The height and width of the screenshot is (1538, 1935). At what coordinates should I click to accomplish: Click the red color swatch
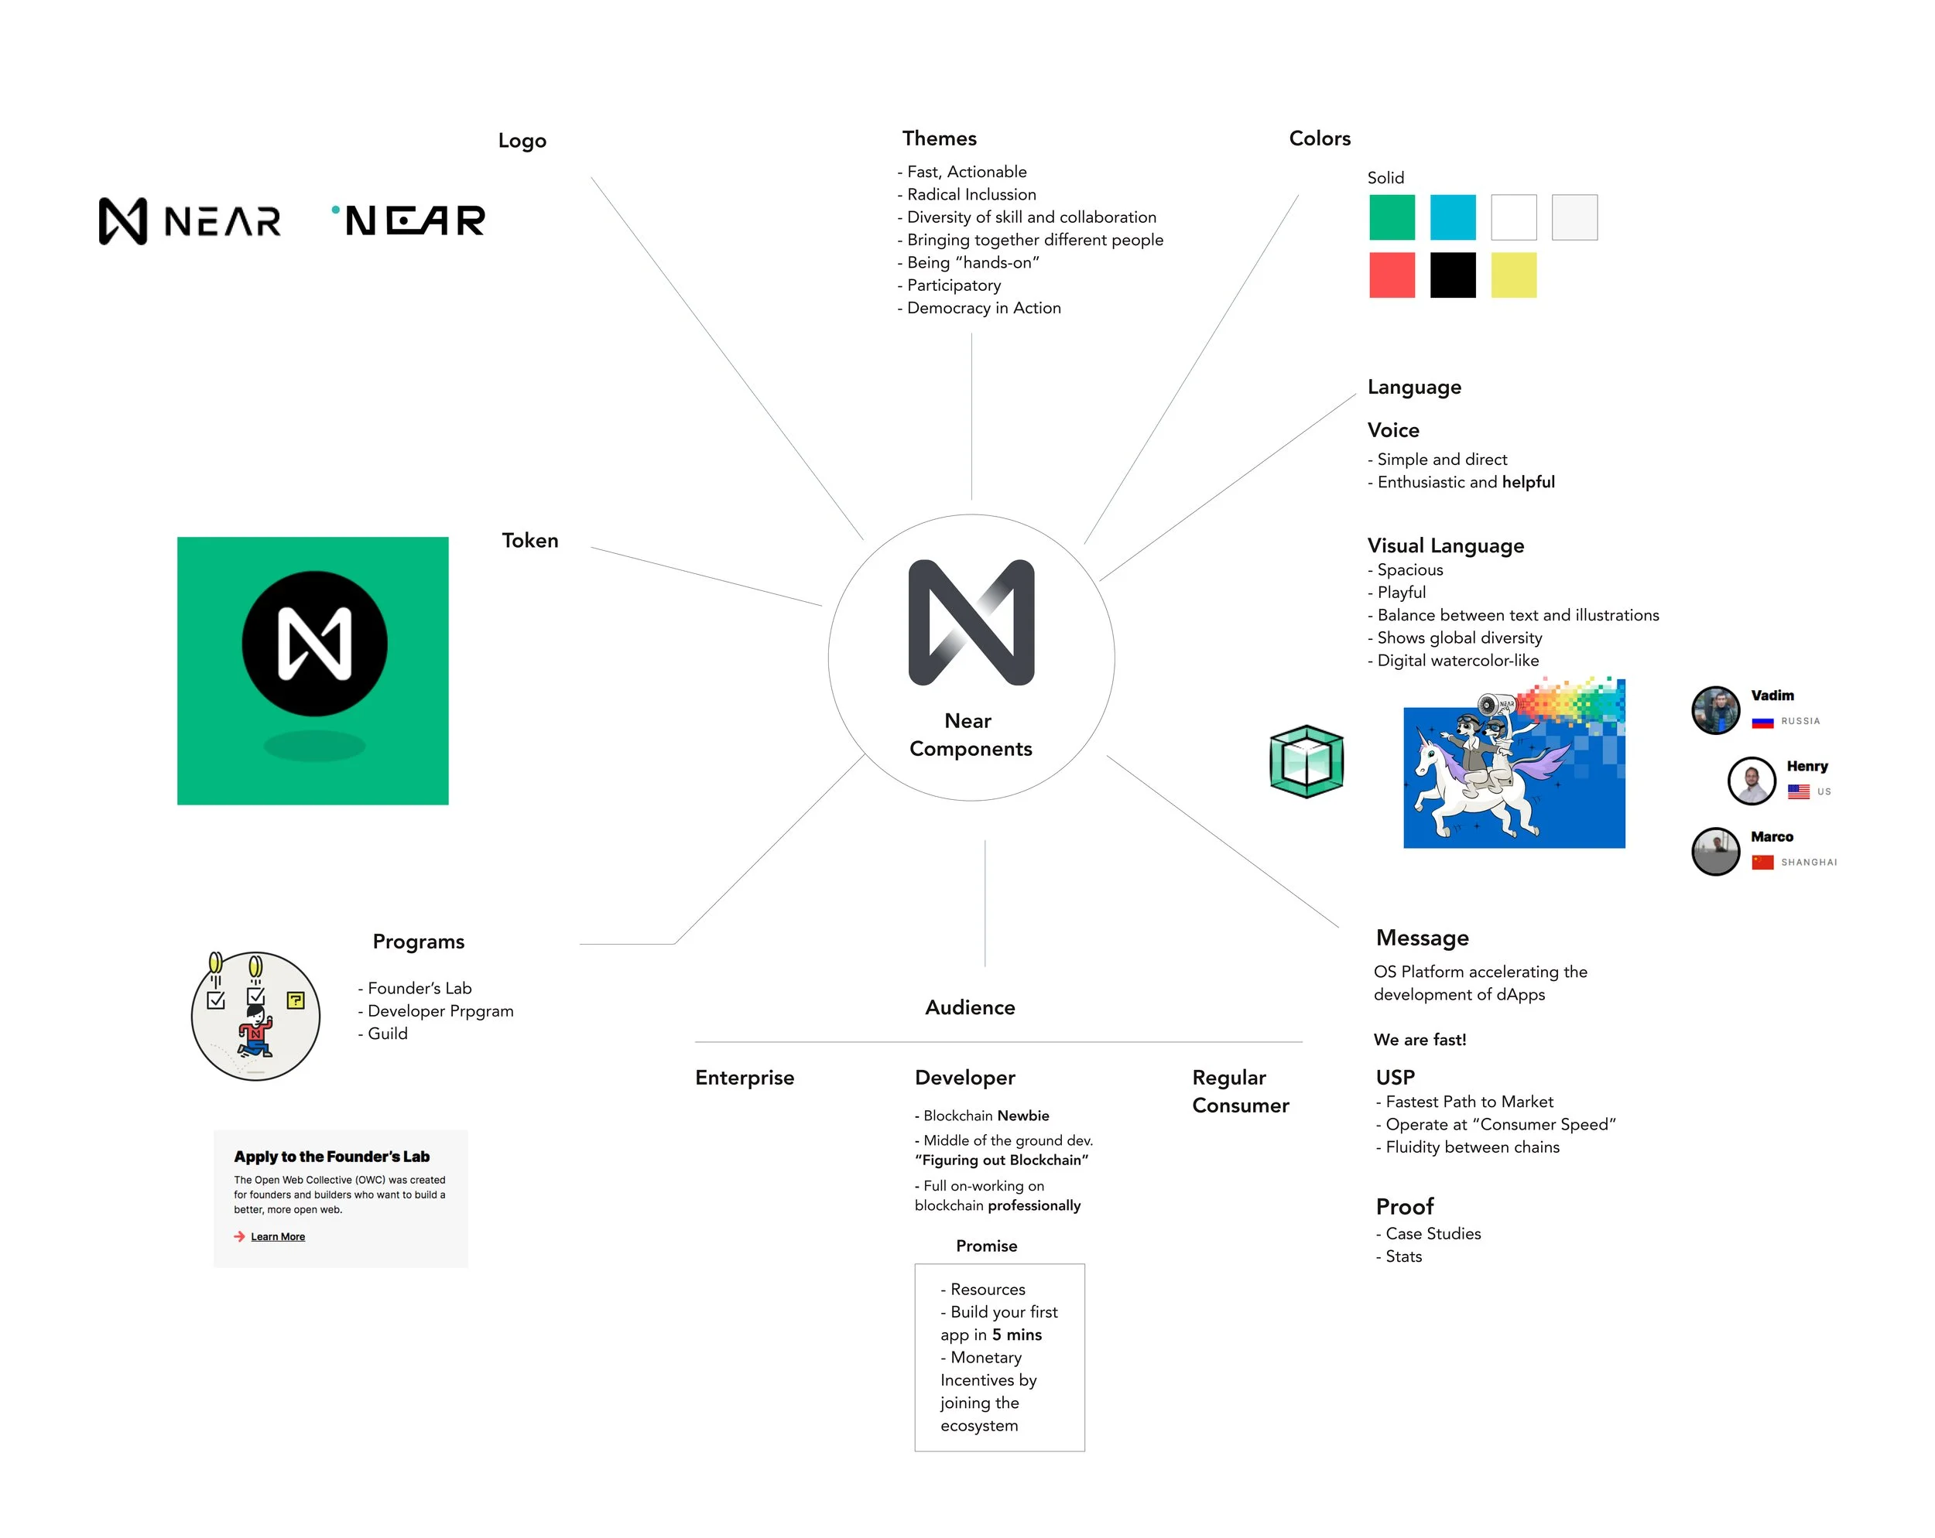[1391, 275]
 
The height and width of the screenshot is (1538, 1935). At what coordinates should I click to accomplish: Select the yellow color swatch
[1513, 275]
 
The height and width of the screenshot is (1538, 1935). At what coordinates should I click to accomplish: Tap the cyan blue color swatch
[1452, 217]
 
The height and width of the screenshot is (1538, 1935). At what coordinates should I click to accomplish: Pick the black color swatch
[1452, 275]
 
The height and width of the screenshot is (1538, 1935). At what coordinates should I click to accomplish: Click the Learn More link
[277, 1236]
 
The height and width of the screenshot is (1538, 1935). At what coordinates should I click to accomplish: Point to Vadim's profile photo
[1715, 709]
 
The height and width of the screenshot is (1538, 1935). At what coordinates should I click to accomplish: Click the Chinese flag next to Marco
[1762, 863]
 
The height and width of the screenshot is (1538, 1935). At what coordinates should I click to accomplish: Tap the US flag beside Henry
[1798, 791]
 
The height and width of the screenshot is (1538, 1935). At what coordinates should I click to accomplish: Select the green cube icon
[1306, 762]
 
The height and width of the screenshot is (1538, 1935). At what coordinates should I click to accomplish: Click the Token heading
[529, 540]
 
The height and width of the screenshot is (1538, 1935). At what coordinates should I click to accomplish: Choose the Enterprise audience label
[744, 1078]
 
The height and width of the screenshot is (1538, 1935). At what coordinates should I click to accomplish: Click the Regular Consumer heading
[1239, 1091]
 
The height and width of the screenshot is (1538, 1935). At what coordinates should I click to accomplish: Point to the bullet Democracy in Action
[983, 308]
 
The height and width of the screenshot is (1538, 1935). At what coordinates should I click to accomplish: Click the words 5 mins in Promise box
[1016, 1335]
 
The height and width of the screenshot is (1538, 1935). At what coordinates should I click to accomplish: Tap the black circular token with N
[314, 644]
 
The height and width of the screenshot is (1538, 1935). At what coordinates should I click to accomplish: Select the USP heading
[1395, 1077]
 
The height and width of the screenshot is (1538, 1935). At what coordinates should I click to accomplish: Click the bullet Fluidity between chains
[1472, 1147]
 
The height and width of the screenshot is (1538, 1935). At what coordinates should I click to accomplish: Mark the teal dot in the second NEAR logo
[336, 210]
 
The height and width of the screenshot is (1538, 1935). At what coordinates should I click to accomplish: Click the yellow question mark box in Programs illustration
[295, 1000]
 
